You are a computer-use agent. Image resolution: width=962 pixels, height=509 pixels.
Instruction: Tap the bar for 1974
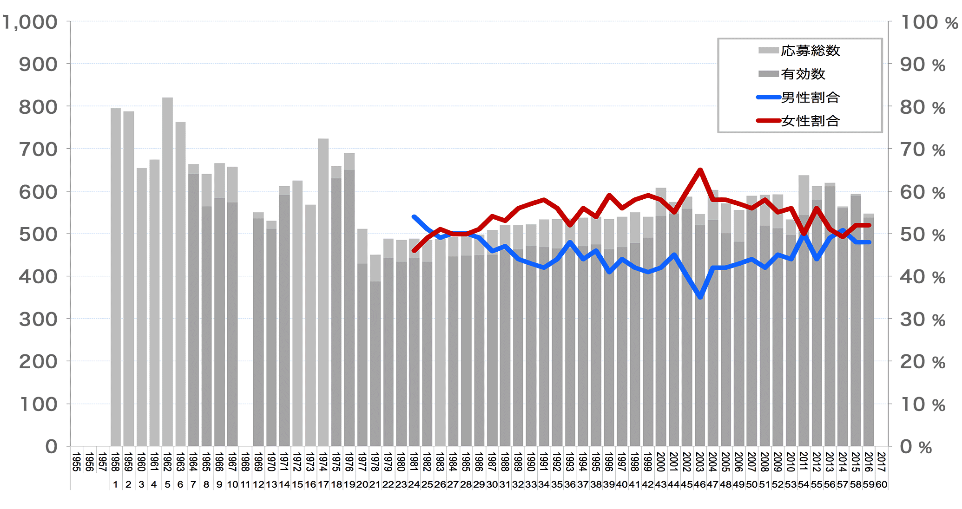323,293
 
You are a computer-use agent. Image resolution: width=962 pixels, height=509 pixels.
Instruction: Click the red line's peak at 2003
700,170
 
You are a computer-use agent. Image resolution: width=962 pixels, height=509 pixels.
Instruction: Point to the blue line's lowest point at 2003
700,297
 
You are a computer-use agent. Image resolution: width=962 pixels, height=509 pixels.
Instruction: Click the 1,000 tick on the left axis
30,22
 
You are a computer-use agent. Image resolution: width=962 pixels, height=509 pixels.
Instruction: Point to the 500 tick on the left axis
38,234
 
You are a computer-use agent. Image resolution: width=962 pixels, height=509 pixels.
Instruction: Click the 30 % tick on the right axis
922,320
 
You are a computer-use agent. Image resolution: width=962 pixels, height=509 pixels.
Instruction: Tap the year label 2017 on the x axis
881,462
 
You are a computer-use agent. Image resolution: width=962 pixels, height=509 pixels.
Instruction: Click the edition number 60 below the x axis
881,484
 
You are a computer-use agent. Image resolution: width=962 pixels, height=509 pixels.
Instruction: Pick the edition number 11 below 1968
245,484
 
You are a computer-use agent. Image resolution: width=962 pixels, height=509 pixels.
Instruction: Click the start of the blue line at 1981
414,217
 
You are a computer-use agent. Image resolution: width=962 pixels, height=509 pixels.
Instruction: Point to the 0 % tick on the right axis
916,447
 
